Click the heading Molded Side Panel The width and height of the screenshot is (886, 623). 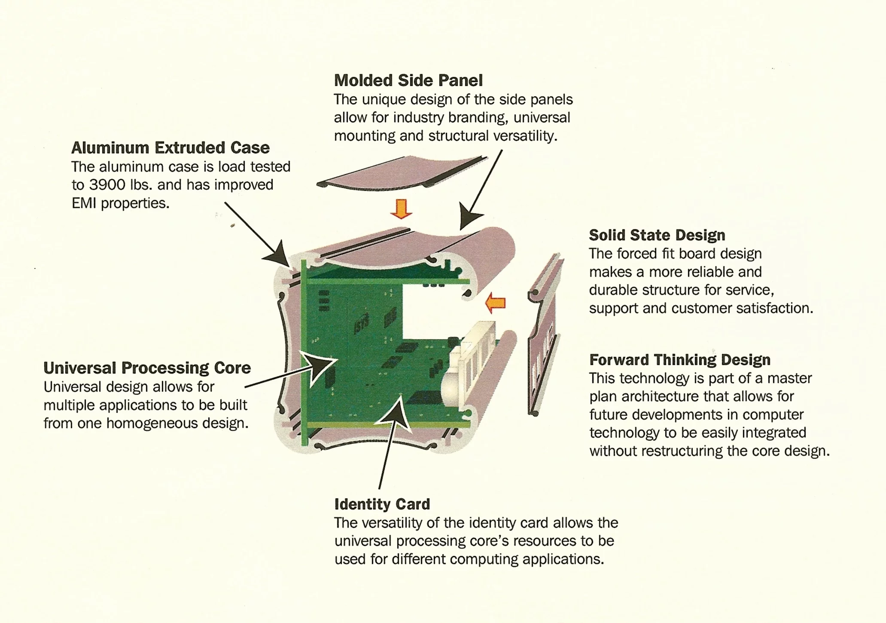coord(408,80)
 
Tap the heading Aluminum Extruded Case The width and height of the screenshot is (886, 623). coord(170,148)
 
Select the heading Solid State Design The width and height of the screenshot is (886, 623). coord(657,235)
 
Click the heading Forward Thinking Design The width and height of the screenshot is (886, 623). coord(679,360)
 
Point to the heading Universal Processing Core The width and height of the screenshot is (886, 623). coord(147,368)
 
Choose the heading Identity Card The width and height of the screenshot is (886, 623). coord(382,504)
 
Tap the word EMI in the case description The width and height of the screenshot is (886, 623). coord(84,203)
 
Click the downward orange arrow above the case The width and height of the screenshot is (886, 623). coord(401,209)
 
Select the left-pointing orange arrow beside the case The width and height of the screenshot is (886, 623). coord(496,303)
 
